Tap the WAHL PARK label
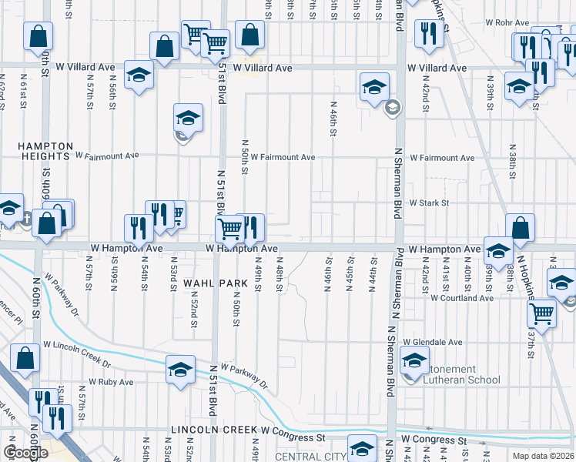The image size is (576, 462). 216,283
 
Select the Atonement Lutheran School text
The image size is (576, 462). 455,374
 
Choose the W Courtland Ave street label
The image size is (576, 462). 461,297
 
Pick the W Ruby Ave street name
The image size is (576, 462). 111,381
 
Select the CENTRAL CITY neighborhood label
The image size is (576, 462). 311,457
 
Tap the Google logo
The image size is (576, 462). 26,454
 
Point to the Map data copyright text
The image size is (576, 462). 543,456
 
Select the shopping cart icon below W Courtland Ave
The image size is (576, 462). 542,313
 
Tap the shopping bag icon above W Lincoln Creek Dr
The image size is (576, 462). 25,357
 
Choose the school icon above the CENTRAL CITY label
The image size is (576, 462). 362,447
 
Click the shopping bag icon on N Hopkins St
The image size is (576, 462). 521,227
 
